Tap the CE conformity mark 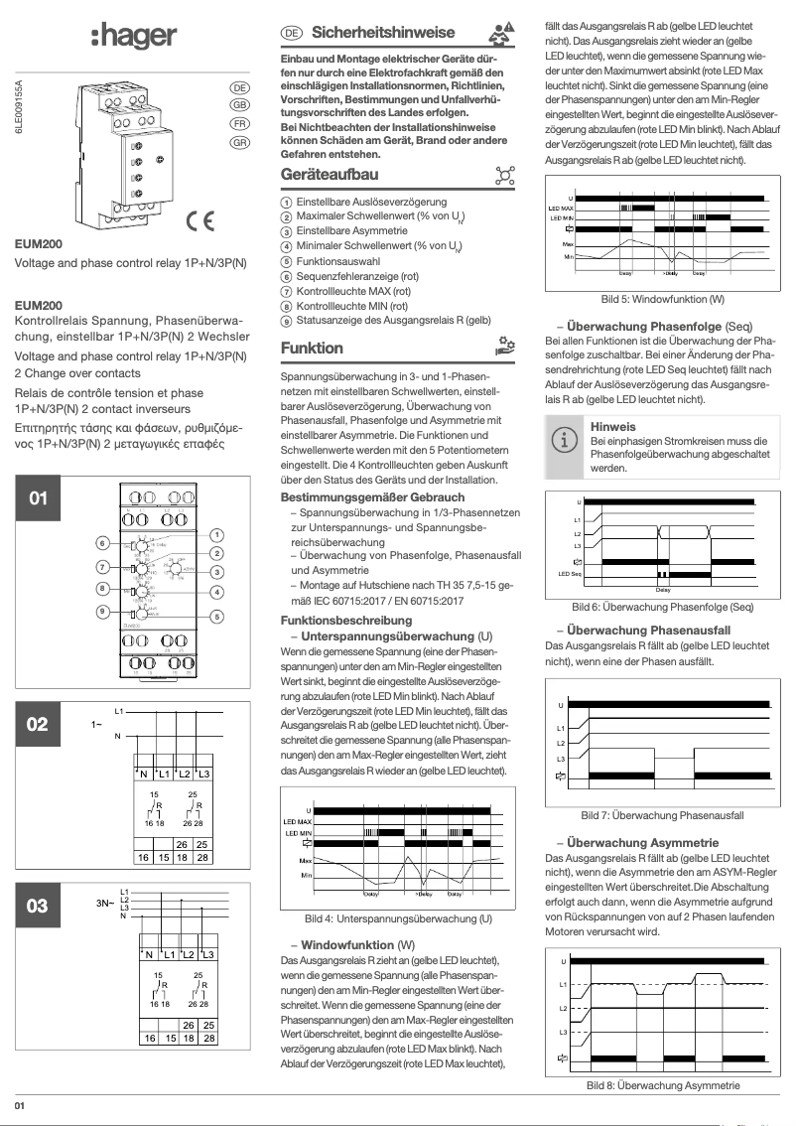203,219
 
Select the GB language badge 239,105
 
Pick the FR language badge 239,124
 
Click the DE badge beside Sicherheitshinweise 292,33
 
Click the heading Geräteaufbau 330,176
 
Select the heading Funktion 312,349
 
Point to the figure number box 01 37,497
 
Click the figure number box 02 37,724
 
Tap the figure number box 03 37,906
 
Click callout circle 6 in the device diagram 102,543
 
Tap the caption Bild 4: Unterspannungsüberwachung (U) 398,919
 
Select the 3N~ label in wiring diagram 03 102,905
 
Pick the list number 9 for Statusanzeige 286,322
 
